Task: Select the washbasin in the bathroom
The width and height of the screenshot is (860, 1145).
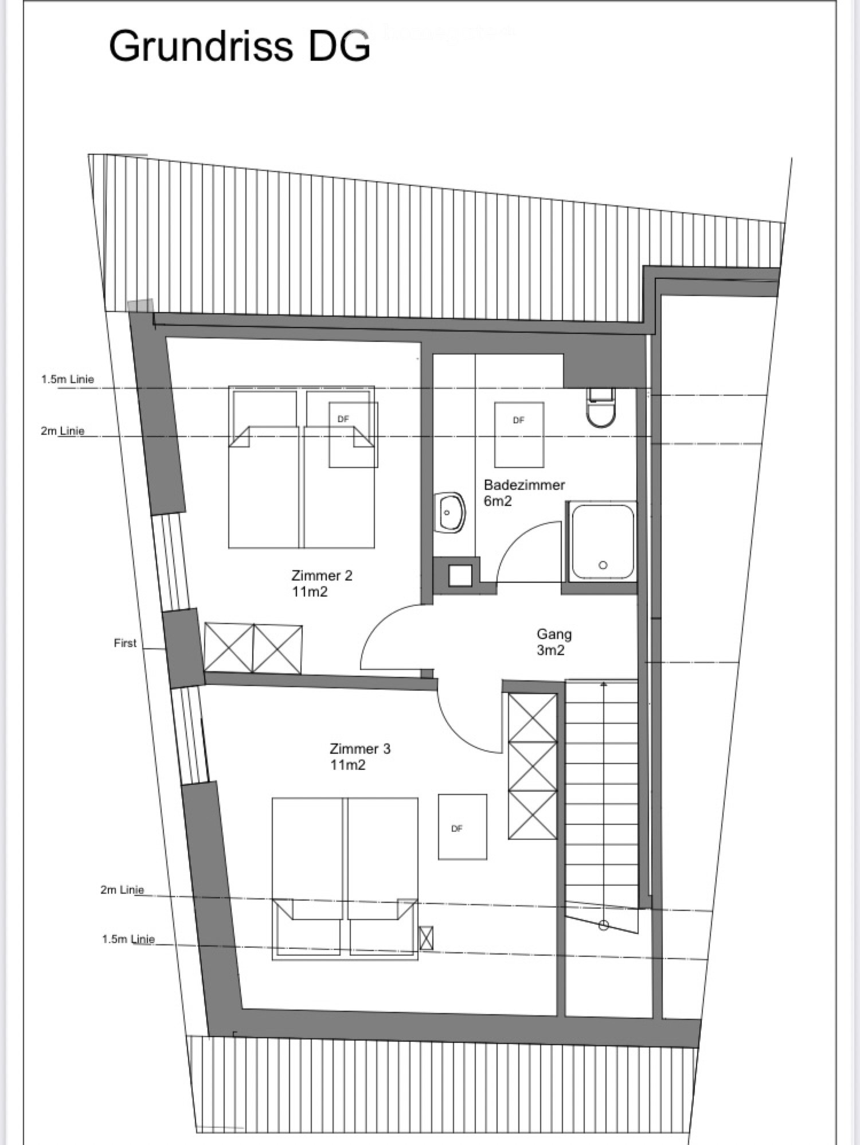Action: click(x=450, y=512)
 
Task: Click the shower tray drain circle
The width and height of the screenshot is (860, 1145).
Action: click(x=603, y=565)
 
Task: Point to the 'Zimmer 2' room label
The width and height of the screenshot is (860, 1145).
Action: click(x=322, y=575)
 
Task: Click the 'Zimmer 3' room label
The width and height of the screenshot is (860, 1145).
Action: click(x=359, y=749)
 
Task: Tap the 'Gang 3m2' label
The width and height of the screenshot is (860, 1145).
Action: click(x=553, y=642)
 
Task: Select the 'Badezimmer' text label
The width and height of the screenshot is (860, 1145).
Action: click(x=524, y=485)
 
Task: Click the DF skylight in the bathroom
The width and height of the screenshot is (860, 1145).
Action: click(x=519, y=434)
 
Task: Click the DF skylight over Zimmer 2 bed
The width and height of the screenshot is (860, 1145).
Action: click(x=353, y=434)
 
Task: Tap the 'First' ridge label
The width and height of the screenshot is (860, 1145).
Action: click(x=125, y=643)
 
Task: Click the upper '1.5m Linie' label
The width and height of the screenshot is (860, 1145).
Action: click(x=68, y=379)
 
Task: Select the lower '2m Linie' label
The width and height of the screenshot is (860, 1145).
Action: click(x=122, y=890)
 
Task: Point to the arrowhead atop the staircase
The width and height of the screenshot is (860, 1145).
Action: click(x=603, y=683)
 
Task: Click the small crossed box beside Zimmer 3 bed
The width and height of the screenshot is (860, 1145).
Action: click(x=426, y=938)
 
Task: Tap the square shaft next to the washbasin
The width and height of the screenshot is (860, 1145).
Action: click(x=460, y=575)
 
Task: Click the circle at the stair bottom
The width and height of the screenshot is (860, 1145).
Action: click(x=603, y=925)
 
